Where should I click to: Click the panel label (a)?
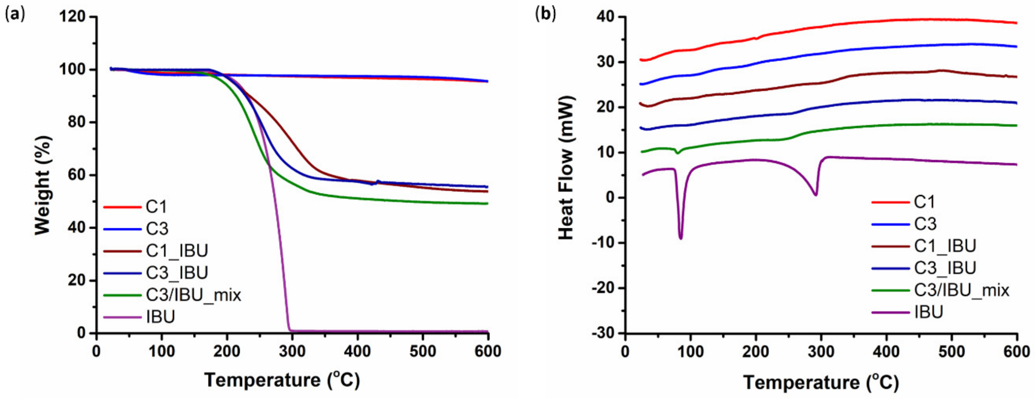(15, 15)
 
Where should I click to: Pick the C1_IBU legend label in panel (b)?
(945, 246)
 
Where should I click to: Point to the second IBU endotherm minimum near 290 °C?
(815, 195)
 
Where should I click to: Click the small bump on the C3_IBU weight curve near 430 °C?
(377, 181)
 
